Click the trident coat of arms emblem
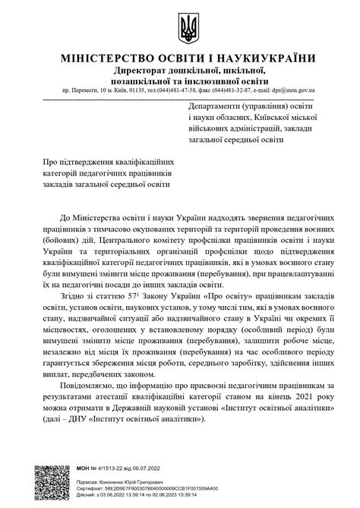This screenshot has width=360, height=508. tap(186, 29)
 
